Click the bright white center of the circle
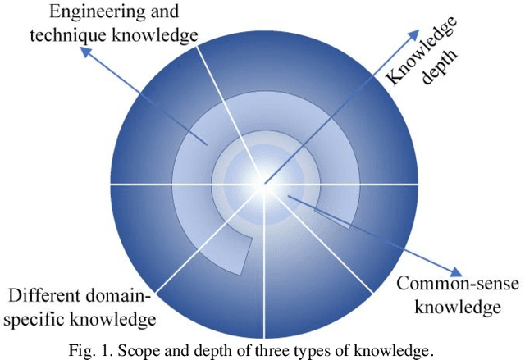click(264, 182)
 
